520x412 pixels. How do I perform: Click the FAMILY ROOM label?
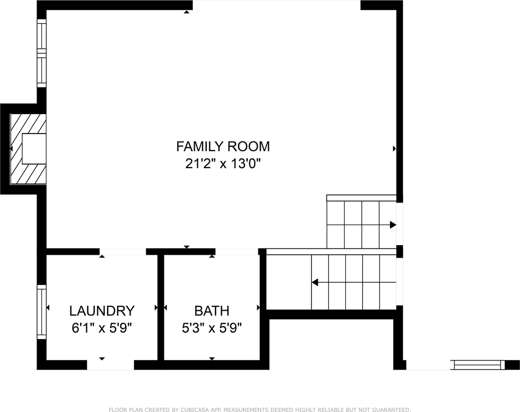point(223,146)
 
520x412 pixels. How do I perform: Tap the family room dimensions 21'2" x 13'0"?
point(223,164)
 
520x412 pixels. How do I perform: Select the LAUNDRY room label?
point(102,311)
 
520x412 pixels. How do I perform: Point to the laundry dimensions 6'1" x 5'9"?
point(102,328)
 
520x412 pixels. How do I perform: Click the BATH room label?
point(212,311)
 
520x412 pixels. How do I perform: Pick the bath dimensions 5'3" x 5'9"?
point(212,328)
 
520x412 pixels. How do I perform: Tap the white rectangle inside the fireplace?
point(34,148)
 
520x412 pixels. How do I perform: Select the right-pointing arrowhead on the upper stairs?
point(393,225)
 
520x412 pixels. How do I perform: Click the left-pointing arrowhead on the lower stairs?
point(315,282)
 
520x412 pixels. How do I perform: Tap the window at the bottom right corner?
point(477,365)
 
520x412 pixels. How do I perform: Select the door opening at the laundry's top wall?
point(123,252)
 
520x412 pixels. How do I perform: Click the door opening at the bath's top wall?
point(236,252)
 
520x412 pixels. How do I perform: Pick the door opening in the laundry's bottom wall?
point(111,365)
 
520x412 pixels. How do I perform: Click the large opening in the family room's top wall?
point(276,5)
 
